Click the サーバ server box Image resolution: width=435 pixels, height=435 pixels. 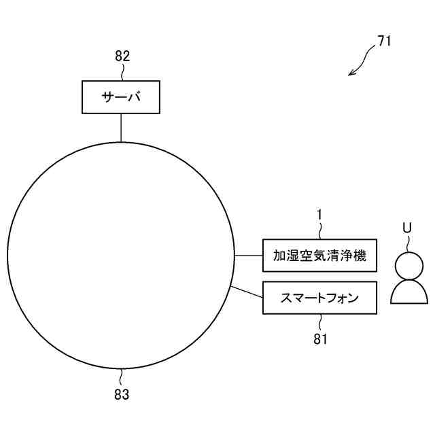pos(121,97)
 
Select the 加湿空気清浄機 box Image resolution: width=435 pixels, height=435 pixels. pos(319,256)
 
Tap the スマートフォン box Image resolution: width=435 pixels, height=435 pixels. pos(319,298)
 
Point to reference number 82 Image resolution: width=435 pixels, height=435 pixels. pos(122,56)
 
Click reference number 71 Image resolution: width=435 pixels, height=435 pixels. pos(384,41)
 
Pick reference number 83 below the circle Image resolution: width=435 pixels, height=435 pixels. pos(122,394)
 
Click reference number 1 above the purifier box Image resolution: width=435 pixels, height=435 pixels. pos(319,215)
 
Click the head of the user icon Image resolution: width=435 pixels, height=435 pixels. pos(409,264)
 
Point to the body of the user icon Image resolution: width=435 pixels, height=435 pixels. pos(409,292)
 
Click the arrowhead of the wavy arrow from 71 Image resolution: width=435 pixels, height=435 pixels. pos(351,73)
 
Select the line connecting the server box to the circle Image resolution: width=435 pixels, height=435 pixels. pos(121,127)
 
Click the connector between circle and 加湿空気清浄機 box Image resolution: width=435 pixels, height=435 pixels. pos(249,256)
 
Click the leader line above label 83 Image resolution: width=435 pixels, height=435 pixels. pos(122,377)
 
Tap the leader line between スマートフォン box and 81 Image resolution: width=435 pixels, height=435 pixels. pos(320,321)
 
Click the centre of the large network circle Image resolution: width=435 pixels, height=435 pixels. pos(121,256)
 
